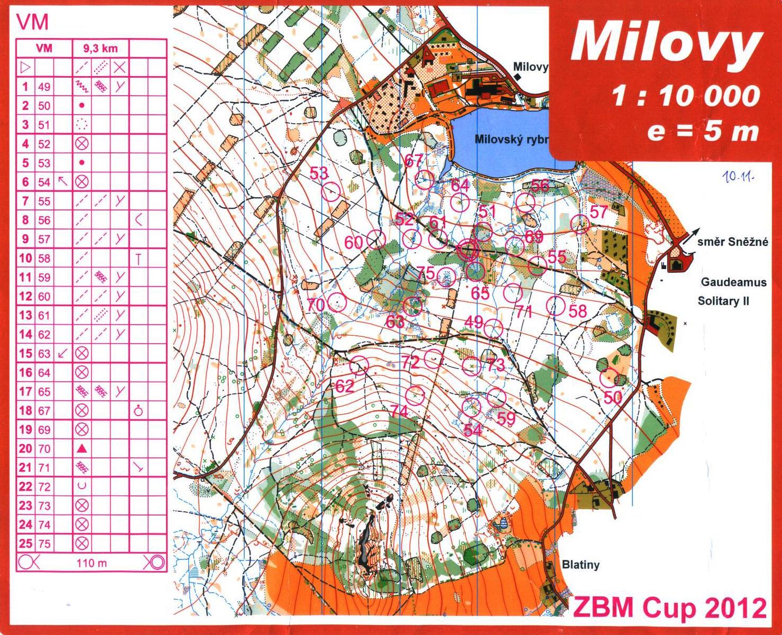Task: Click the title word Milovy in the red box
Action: pos(665,43)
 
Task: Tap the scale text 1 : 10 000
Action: pos(686,97)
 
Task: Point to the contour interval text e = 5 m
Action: pos(703,131)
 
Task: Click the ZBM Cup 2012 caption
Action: pos(670,608)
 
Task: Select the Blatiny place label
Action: pos(581,565)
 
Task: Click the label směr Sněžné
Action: pos(732,243)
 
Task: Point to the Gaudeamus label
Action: pos(733,282)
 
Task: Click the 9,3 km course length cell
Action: pos(100,49)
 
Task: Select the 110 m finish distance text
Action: pos(92,563)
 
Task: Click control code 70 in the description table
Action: pos(44,449)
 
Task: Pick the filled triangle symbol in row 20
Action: pos(81,449)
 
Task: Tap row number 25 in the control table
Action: pos(25,544)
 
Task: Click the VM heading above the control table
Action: pos(33,22)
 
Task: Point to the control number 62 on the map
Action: pos(345,386)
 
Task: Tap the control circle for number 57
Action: pos(581,224)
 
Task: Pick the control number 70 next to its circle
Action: pos(316,305)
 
